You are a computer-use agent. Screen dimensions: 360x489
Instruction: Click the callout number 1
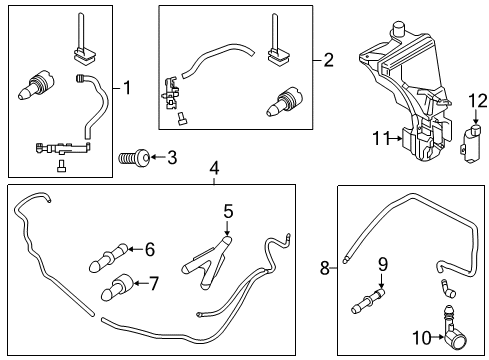click(127, 88)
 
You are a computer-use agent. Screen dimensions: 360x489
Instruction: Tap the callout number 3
click(172, 157)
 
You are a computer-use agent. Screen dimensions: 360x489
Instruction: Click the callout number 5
click(228, 212)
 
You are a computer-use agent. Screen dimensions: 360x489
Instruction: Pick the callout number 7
click(154, 284)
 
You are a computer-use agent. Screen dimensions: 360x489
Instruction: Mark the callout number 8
click(325, 267)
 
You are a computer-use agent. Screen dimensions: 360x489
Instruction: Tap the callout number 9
click(380, 265)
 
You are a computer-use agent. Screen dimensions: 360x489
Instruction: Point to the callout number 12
click(477, 100)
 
